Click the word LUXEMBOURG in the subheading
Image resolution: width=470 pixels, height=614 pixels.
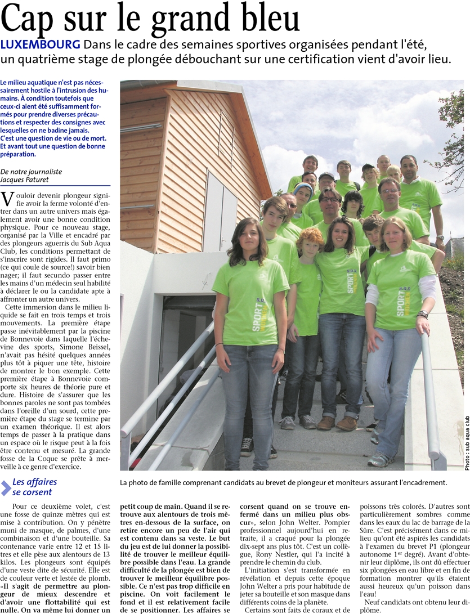click(41, 44)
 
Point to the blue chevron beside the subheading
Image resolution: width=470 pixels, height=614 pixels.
click(6, 487)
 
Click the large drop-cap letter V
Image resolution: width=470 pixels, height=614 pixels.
click(8, 199)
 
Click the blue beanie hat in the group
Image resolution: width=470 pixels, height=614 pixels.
click(303, 187)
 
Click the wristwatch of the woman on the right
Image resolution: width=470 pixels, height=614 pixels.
click(423, 314)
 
